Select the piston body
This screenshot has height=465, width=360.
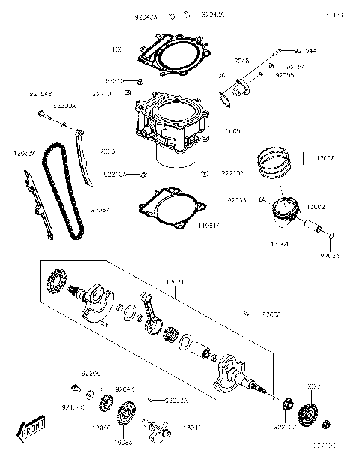point(283,212)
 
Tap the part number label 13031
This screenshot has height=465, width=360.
point(175,283)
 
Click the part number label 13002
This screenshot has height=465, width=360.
point(316,207)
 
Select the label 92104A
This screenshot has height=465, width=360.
point(305,50)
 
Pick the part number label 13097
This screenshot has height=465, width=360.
point(311,386)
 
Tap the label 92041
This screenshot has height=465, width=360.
point(124,389)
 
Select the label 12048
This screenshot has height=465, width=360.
point(239,60)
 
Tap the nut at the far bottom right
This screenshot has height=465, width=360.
point(326,425)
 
